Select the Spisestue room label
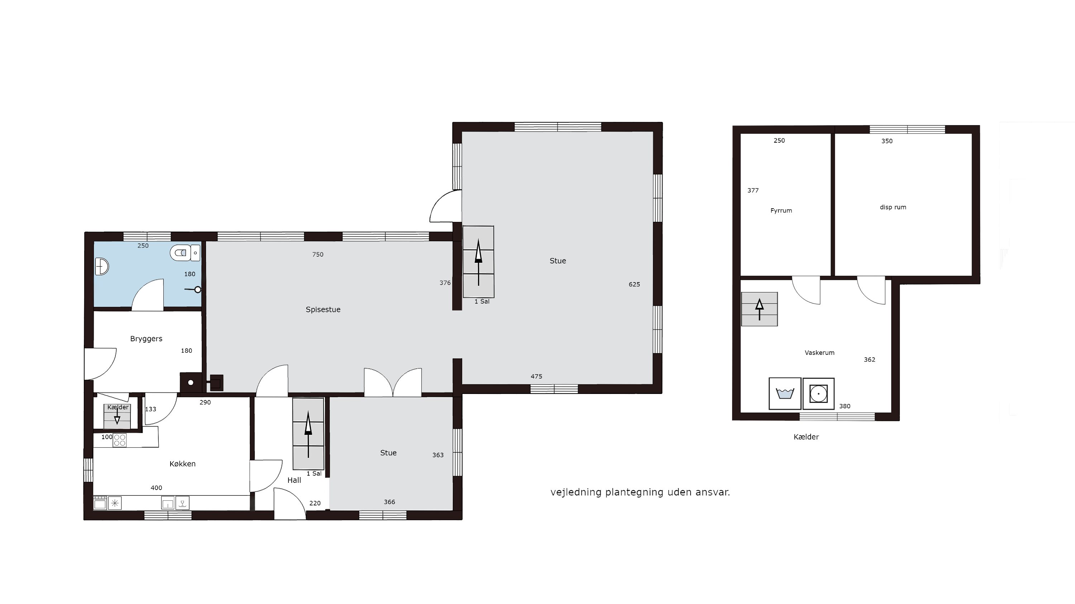(x=323, y=309)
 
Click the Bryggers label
(x=146, y=338)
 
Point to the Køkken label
(x=182, y=464)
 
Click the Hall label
(x=294, y=480)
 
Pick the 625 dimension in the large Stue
(x=634, y=284)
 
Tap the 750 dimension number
(x=317, y=254)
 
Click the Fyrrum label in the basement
(x=781, y=210)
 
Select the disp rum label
(x=893, y=207)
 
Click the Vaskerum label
(x=820, y=352)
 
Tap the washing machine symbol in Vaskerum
(x=785, y=393)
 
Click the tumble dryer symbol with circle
(x=818, y=393)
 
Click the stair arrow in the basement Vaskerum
(x=760, y=309)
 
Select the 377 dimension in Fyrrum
(x=753, y=190)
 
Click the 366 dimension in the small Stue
(x=390, y=502)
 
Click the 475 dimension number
(x=536, y=376)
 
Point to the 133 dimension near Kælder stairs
(x=150, y=409)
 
